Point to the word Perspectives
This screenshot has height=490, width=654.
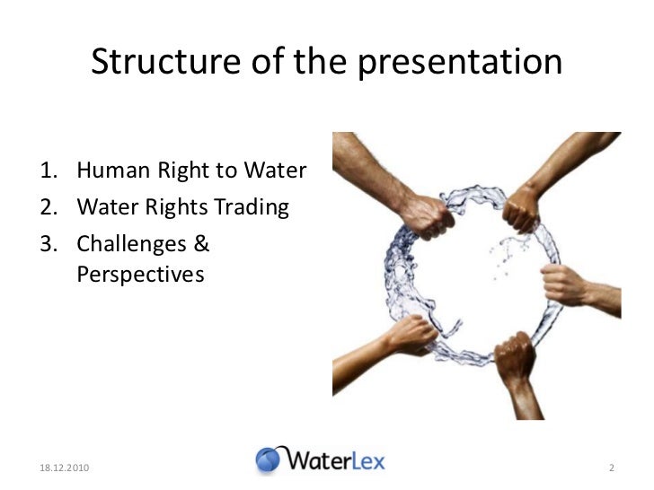pos(140,274)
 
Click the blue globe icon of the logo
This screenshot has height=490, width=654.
pos(269,460)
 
